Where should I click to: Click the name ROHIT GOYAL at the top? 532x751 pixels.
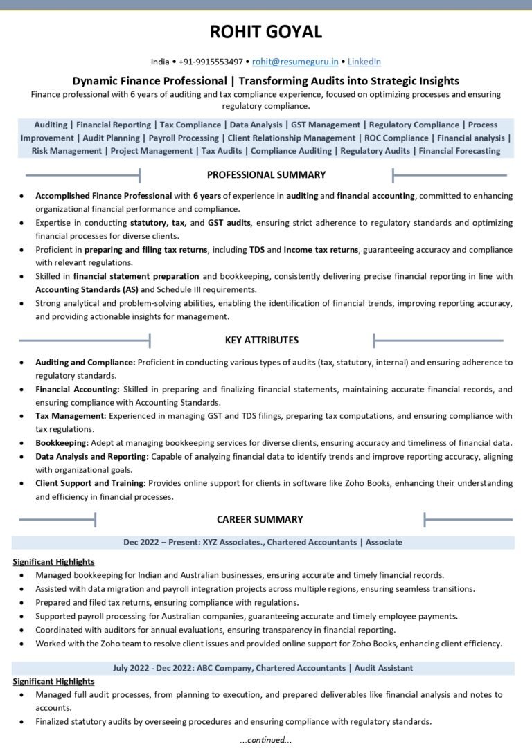266,32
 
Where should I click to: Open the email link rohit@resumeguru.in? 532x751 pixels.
294,62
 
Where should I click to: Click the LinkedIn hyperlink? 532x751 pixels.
364,62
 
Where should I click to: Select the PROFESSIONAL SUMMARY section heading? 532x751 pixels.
266,174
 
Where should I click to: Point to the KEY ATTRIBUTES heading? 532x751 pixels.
262,340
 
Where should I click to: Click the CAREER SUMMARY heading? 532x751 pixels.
260,519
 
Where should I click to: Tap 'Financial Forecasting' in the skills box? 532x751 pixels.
459,151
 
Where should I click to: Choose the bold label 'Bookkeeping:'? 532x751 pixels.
62,443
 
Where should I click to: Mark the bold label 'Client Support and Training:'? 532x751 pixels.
90,483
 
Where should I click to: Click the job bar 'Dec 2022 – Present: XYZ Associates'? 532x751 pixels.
263,543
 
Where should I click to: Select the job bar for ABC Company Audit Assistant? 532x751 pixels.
263,668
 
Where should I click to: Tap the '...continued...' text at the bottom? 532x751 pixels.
266,740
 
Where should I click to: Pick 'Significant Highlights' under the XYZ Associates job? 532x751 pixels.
53,562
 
